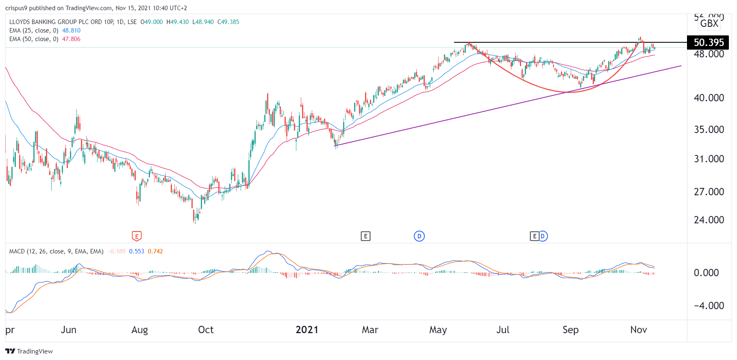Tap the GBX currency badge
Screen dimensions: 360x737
tap(709, 24)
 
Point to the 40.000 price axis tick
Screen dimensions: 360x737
tap(709, 98)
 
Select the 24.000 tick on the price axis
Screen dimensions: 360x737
tap(709, 220)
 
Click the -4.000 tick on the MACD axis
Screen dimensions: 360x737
tap(709, 305)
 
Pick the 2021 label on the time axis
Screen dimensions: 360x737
tap(307, 329)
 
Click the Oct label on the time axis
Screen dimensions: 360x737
tap(206, 329)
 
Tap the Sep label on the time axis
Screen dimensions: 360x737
tap(570, 329)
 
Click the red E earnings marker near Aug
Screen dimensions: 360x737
tap(137, 236)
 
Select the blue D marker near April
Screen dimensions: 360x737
tap(419, 236)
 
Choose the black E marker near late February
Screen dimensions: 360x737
tap(365, 236)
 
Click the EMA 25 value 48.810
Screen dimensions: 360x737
tap(71, 31)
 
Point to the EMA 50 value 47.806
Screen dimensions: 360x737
tap(71, 39)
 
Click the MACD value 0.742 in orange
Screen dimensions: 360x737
tap(155, 251)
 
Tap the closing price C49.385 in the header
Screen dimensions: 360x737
tap(228, 22)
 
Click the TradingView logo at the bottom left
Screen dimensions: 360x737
tap(29, 351)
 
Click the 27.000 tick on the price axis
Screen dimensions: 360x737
tap(709, 192)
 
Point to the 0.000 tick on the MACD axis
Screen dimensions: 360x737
tap(706, 273)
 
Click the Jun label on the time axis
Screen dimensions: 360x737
tap(68, 329)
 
